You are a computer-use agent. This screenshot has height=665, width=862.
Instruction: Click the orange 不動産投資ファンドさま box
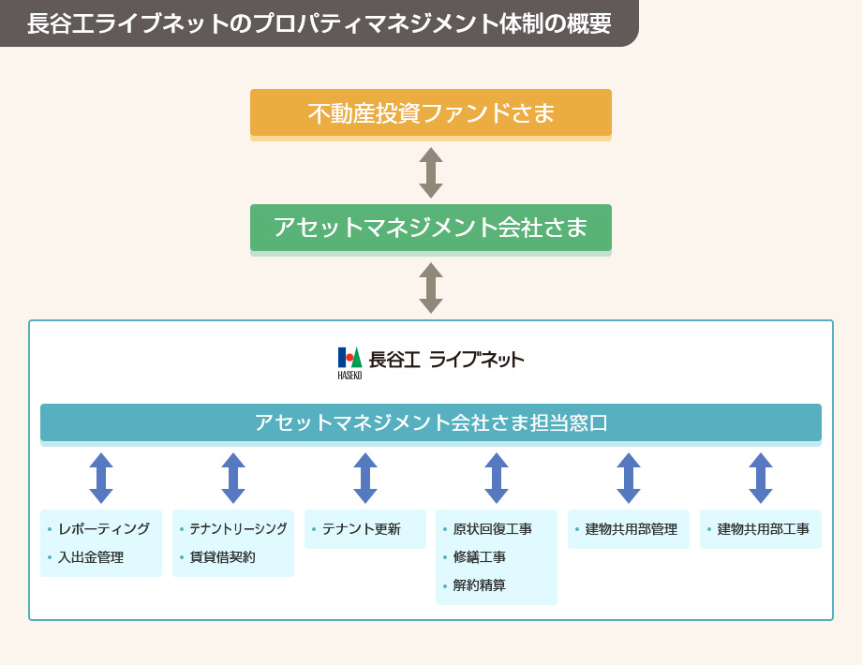coord(430,112)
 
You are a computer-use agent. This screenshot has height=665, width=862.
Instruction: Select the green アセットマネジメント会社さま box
coord(430,228)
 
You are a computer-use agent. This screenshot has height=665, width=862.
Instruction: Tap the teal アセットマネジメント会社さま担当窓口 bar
coord(430,422)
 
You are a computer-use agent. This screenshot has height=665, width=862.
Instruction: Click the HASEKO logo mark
coord(349,362)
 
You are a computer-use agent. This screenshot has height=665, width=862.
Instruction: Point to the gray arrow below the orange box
coord(431,172)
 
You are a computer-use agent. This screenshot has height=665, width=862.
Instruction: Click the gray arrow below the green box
coord(431,288)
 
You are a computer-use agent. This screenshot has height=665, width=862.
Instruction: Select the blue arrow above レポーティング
coord(101,478)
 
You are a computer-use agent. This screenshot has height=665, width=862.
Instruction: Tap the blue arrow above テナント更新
coord(365,478)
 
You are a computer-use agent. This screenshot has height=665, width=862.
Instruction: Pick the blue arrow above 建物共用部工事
coord(761,478)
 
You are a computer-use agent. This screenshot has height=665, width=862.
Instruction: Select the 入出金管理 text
coord(91,557)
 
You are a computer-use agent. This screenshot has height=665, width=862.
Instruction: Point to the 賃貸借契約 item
coord(223,557)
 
